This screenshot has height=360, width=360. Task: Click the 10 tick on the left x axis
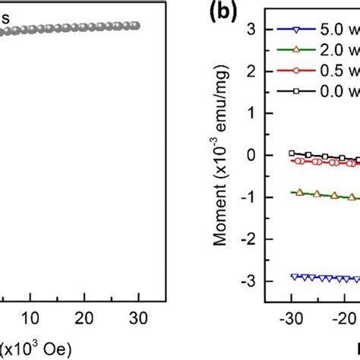tap(30, 317)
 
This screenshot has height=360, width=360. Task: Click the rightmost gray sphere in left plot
tap(136, 26)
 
